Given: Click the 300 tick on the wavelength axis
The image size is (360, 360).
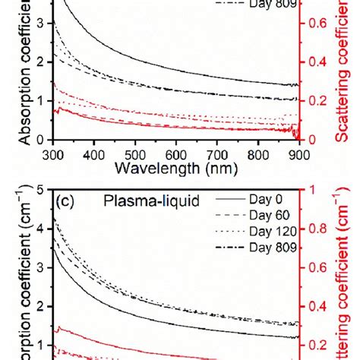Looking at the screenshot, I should pos(53,154).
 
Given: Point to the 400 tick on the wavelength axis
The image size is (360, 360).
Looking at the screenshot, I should pos(94,154).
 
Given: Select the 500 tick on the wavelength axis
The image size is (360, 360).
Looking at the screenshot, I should pos(135,154).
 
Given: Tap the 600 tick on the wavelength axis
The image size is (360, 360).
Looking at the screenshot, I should pos(177,154).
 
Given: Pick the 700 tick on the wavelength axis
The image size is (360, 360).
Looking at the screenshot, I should pos(218,154).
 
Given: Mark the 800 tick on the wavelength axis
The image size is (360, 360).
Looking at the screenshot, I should pos(259,154).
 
